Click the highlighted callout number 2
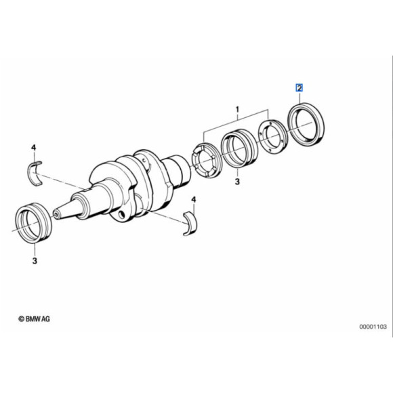click(x=298, y=88)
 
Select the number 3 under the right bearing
click(x=238, y=182)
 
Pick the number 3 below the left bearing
click(x=35, y=260)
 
